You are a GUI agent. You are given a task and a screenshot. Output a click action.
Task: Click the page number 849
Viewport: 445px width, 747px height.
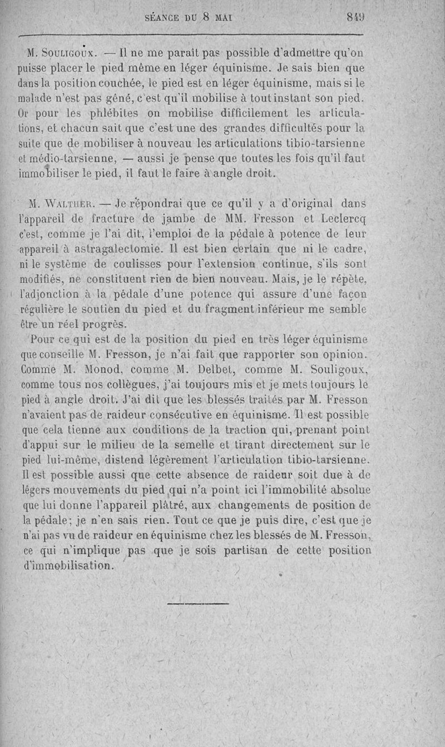355,17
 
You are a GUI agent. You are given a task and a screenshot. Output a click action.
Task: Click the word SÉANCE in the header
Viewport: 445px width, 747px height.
162,17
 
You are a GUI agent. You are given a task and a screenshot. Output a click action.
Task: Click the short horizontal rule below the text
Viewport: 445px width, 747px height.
197,602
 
